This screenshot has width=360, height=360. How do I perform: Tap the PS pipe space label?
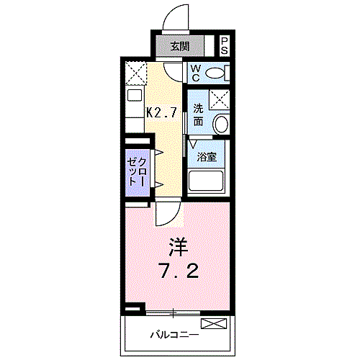225,46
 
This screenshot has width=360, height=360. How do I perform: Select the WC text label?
195,73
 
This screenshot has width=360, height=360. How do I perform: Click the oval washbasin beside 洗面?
221,124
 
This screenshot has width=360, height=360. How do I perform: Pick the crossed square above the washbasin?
220,100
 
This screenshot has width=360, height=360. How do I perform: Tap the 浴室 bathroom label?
207,157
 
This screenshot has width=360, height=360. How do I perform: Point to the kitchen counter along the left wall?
134,108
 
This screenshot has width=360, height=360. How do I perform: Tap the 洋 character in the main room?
178,247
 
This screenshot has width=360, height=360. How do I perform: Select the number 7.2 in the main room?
178,273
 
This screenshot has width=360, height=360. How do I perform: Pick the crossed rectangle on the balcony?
217,323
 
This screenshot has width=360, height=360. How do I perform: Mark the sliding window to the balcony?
173,312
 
